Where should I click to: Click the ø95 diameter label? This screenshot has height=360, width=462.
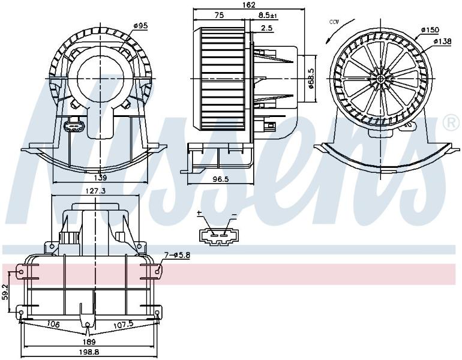[140, 26]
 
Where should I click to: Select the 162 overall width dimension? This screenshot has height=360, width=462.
[249, 5]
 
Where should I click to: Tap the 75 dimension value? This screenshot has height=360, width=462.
[219, 16]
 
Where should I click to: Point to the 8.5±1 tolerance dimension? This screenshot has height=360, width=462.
[268, 16]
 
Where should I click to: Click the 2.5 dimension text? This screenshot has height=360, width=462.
[267, 28]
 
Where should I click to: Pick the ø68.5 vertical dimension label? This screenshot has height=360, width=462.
[311, 79]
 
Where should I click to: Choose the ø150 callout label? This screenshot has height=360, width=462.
[430, 30]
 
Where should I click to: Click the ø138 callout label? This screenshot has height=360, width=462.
[442, 41]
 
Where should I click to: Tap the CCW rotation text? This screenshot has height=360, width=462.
[334, 22]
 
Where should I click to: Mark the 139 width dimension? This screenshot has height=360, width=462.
[100, 178]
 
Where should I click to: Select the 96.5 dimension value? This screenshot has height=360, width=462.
[221, 179]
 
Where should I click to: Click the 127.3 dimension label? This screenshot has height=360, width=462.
[96, 191]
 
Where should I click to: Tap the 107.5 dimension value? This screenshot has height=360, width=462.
[124, 324]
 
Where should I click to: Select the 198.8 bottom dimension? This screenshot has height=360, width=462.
[89, 352]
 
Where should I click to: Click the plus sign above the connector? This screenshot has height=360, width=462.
[199, 213]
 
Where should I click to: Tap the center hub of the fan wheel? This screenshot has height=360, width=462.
[380, 79]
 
